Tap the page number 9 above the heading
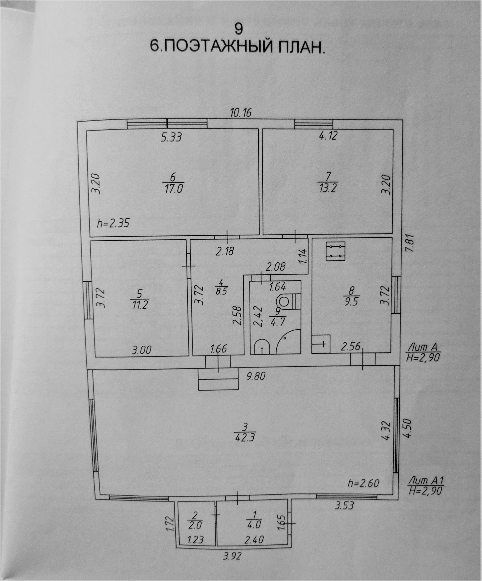click(238, 29)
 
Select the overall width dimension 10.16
click(241, 113)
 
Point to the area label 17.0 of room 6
click(173, 189)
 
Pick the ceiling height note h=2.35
click(113, 223)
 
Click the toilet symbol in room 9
click(286, 301)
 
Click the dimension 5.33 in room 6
click(171, 137)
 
